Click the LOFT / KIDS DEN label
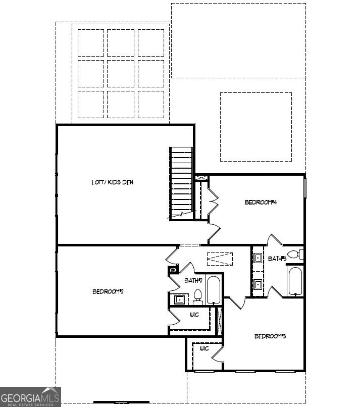coord(113,182)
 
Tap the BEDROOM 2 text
coord(108,291)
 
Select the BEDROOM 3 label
coord(270,336)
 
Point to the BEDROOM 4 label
coord(261,202)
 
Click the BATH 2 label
coord(193,280)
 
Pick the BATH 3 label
coord(277,259)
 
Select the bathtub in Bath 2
coord(214,290)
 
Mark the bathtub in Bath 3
coord(295,281)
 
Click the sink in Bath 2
coord(179,299)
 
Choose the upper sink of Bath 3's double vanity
coord(258,258)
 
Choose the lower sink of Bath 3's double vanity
coord(258,285)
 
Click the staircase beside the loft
coord(181,182)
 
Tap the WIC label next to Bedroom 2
coord(194,315)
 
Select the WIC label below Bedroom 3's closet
coord(204,348)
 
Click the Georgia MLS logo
coord(30,396)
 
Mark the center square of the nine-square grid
coord(121,73)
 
